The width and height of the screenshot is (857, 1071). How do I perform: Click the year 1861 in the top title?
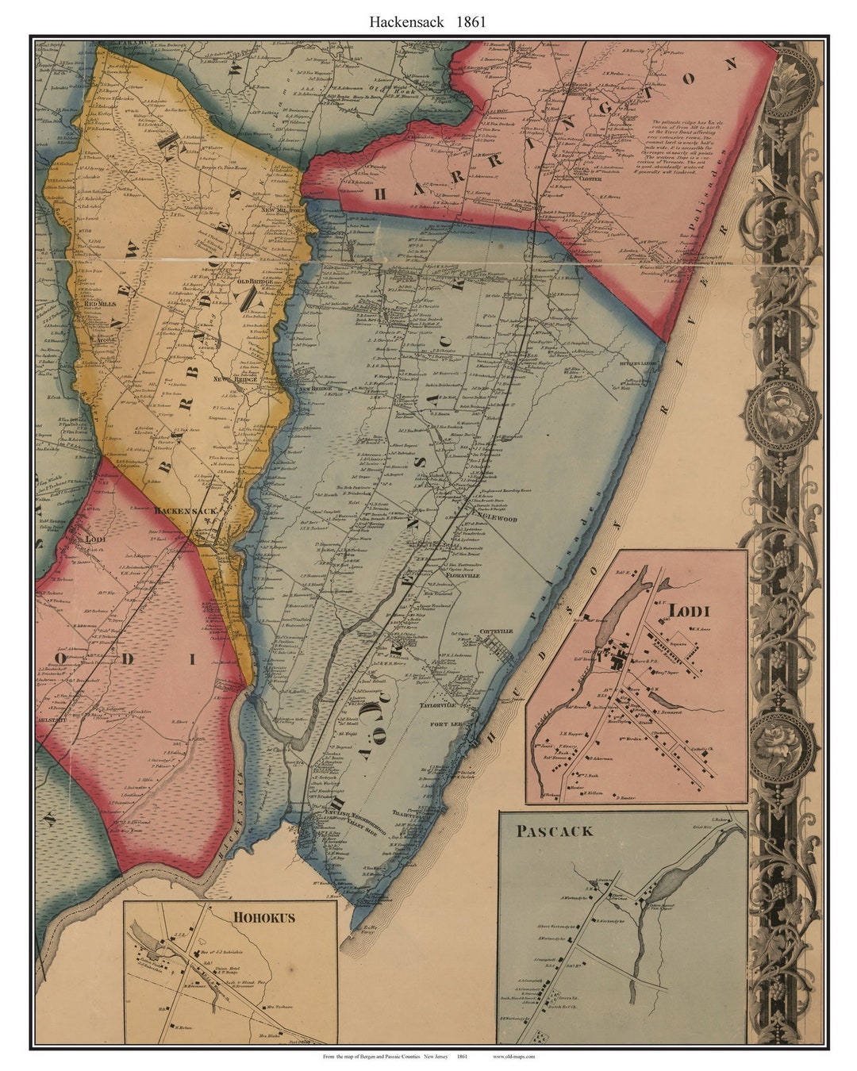point(471,22)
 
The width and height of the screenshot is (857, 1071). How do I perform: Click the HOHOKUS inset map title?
point(263,917)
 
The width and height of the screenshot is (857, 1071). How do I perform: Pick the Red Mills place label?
point(101,304)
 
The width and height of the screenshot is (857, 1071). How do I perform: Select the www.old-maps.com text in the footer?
point(513,1057)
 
